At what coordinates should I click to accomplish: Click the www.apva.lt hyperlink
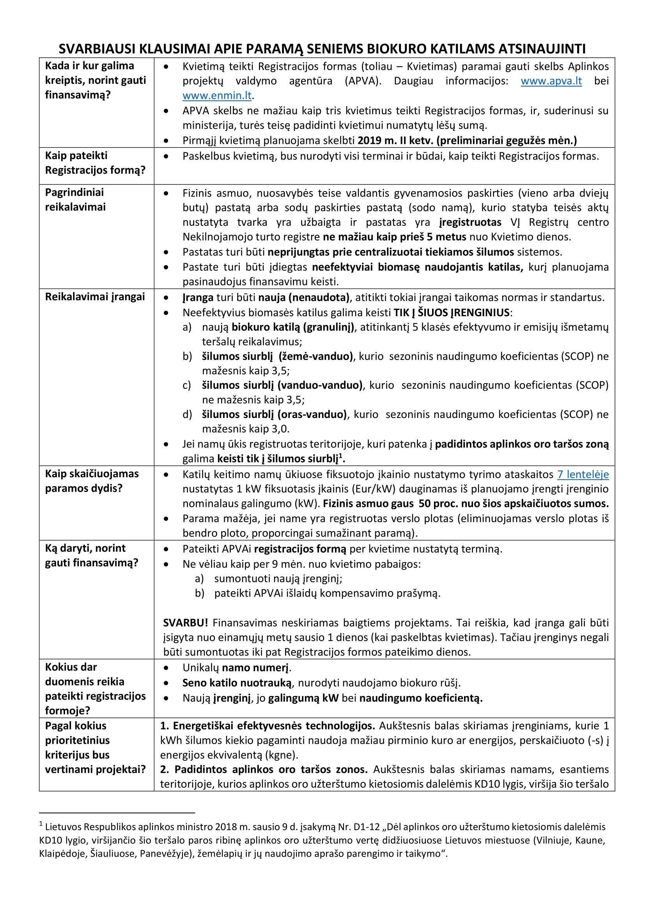(x=551, y=81)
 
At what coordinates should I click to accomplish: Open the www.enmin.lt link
(x=217, y=96)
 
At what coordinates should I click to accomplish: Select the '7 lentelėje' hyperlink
(x=583, y=474)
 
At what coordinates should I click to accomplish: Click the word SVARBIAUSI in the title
(x=97, y=49)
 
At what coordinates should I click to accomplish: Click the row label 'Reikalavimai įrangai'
(x=95, y=297)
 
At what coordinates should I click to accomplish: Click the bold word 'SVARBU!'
(x=185, y=623)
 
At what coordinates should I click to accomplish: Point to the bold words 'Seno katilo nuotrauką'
(x=237, y=683)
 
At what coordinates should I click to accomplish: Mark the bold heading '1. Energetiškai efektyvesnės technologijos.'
(x=267, y=726)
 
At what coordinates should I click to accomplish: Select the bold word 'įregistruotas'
(x=470, y=222)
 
